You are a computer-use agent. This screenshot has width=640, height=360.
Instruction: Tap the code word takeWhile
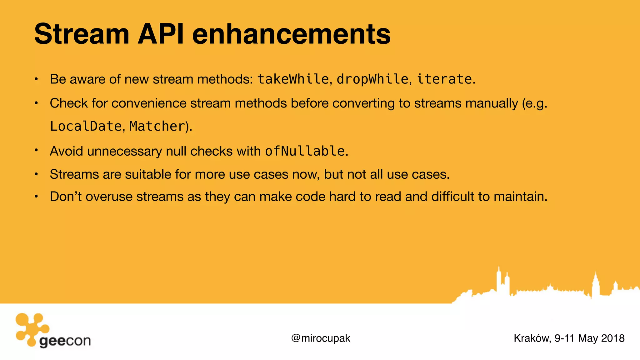[293, 79]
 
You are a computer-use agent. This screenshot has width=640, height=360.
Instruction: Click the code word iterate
[444, 79]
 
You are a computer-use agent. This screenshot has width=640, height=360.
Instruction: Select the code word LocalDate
[86, 126]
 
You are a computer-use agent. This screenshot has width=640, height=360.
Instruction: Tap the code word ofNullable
[305, 151]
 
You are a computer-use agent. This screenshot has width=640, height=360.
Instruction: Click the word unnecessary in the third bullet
[124, 152]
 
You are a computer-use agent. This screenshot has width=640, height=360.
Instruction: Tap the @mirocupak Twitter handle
[321, 338]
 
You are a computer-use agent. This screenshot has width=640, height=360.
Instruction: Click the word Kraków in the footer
[532, 338]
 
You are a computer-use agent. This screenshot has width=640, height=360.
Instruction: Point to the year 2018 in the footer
[613, 338]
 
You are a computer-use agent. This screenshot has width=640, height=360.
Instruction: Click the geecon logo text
[65, 341]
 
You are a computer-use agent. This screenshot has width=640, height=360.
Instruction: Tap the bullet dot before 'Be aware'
[36, 79]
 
